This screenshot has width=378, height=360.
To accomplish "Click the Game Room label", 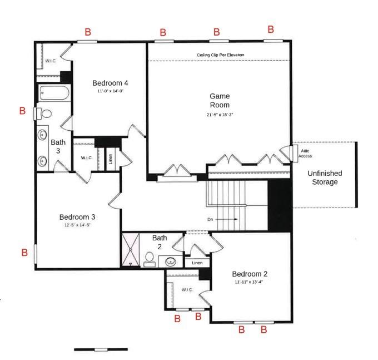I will (219, 100).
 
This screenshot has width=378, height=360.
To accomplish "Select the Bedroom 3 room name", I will (78, 217).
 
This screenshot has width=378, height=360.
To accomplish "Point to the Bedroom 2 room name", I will (250, 274).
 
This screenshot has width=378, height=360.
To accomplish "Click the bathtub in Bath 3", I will (54, 93).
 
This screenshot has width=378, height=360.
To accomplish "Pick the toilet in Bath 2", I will (150, 259).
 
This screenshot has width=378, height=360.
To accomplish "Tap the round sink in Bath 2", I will (171, 260).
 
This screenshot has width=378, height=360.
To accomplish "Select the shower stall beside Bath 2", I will (132, 250).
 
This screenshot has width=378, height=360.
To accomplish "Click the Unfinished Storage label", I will (325, 177).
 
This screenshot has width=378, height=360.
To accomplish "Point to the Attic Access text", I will (305, 153).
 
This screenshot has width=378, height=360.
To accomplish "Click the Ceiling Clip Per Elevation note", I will (220, 55).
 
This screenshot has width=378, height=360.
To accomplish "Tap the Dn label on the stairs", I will (211, 219).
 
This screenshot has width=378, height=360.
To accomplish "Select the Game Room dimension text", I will (219, 115).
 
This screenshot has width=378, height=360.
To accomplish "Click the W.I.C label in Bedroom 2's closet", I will (186, 289).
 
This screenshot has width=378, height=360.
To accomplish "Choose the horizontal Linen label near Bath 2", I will (197, 263).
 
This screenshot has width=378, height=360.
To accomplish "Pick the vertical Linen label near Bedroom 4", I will (111, 159).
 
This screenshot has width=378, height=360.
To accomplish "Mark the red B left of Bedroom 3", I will (24, 253).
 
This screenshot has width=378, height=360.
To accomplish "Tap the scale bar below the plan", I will (101, 349).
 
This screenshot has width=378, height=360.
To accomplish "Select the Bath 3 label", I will (58, 146).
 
